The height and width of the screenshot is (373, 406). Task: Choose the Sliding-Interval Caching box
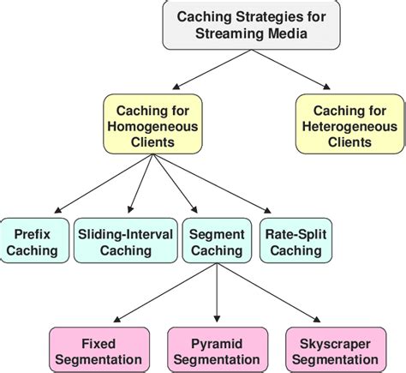click(125, 241)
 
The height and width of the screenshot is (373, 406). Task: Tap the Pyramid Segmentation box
click(218, 350)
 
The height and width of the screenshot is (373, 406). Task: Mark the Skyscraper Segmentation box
click(335, 350)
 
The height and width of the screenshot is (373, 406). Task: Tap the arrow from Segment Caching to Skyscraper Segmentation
click(274, 294)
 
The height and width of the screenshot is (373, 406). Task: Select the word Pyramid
click(218, 342)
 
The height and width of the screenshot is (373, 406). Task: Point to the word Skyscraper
click(335, 342)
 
